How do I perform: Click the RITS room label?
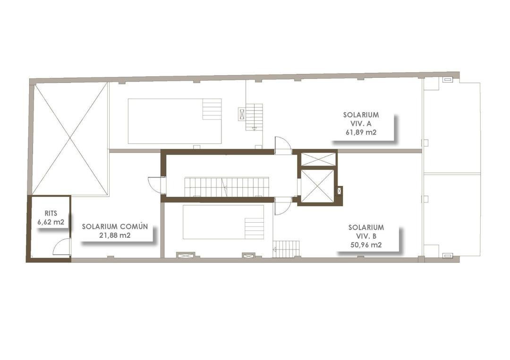[x=51, y=213]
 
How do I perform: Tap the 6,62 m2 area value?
[x=51, y=222]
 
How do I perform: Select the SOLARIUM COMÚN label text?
[x=115, y=226]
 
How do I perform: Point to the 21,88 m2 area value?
[x=115, y=235]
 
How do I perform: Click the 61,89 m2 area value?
[x=361, y=132]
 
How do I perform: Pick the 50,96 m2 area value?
[x=366, y=245]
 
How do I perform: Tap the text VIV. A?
[x=361, y=124]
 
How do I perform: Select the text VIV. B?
[x=366, y=236]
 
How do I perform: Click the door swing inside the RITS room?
[x=62, y=247]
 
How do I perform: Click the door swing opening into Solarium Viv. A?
[x=283, y=145]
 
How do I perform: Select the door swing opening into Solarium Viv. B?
[x=282, y=207]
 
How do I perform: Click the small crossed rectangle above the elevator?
[x=318, y=159]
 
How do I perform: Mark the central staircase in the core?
[x=226, y=187]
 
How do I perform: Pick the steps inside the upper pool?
[x=212, y=109]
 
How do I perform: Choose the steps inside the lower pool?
[x=254, y=228]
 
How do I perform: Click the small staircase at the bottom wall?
[x=286, y=249]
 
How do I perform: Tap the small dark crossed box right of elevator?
[x=339, y=191]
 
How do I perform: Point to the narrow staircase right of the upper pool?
[x=254, y=117]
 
